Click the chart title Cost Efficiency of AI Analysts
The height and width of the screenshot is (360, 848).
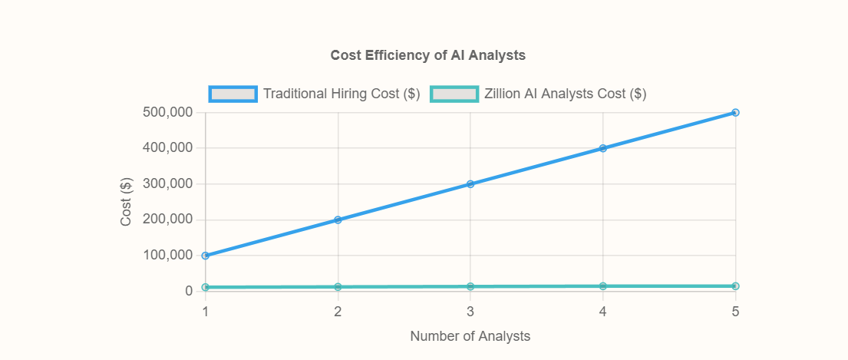427,55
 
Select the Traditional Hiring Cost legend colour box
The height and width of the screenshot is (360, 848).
233,94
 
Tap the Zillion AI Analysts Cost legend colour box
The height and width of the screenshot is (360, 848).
454,94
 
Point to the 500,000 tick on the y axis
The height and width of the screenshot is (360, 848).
167,112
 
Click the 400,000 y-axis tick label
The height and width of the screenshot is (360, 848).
167,148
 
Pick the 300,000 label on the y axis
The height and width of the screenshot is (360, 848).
167,184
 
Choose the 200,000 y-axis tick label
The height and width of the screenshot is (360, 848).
167,220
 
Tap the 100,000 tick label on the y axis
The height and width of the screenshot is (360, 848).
167,256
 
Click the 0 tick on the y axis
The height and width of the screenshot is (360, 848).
189,292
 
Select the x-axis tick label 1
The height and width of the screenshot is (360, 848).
206,312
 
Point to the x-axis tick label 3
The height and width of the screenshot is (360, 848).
470,312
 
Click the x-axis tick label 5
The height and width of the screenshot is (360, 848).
735,312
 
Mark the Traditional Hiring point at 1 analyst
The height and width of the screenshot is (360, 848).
206,256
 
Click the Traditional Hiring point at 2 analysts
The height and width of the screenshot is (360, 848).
338,220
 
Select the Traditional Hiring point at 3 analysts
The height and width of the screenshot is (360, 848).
470,184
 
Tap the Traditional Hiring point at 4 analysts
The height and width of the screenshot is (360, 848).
603,148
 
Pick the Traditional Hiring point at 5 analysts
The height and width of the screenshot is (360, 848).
735,112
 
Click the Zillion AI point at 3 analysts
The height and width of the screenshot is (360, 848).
470,286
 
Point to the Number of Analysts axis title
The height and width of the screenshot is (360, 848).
470,336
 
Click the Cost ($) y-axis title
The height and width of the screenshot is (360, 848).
127,202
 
